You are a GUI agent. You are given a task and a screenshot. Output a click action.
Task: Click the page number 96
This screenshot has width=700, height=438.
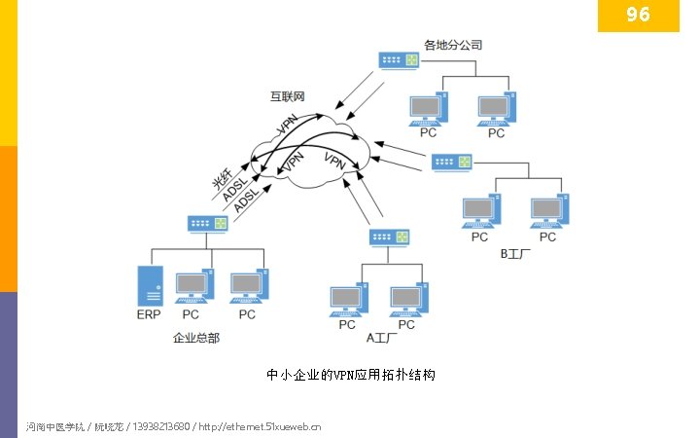pyautogui.click(x=638, y=15)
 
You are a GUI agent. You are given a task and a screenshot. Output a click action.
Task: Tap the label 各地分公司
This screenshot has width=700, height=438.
pyautogui.click(x=453, y=45)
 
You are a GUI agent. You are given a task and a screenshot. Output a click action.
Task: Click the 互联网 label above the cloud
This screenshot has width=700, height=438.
pyautogui.click(x=288, y=96)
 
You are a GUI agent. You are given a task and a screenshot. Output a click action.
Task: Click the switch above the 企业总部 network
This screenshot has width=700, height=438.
pyautogui.click(x=208, y=223)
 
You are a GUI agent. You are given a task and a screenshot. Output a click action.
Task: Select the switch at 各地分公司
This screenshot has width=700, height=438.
pyautogui.click(x=400, y=60)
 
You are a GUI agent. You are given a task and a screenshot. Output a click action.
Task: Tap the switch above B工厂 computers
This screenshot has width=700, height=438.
pyautogui.click(x=451, y=161)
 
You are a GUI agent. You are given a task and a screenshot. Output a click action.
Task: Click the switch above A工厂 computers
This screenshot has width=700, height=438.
pyautogui.click(x=390, y=237)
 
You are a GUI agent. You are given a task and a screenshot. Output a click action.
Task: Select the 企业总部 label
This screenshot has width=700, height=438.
pyautogui.click(x=195, y=338)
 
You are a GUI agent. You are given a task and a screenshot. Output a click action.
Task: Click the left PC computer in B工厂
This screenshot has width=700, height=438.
pyautogui.click(x=480, y=211)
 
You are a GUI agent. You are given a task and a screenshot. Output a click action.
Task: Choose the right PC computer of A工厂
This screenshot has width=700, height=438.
pyautogui.click(x=407, y=299)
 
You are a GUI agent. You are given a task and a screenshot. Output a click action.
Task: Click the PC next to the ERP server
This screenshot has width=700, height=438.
pyautogui.click(x=192, y=287)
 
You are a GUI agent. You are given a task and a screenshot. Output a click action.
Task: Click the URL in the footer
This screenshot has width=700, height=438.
pyautogui.click(x=260, y=426)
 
